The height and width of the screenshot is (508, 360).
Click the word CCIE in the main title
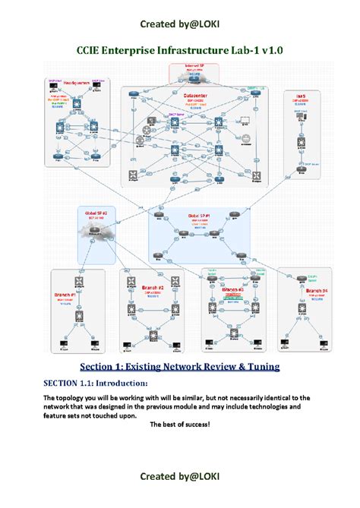click(x=92, y=50)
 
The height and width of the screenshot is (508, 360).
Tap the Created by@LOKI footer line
click(x=180, y=475)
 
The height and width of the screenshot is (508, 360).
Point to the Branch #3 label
click(x=232, y=289)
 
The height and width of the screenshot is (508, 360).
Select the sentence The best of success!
click(x=180, y=424)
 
